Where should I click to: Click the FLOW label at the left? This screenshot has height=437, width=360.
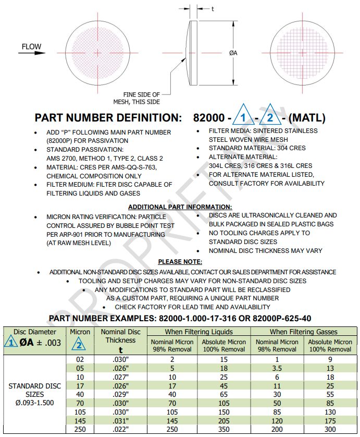(x=31, y=47)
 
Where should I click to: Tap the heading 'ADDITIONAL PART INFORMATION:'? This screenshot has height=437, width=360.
(x=180, y=207)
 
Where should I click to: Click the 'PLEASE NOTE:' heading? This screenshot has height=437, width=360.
(x=180, y=262)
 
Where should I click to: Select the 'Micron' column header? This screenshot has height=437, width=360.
(x=80, y=332)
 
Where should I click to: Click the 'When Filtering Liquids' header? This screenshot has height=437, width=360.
(x=198, y=332)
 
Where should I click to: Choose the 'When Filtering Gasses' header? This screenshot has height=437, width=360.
(x=303, y=332)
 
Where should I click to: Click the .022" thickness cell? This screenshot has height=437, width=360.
(x=120, y=429)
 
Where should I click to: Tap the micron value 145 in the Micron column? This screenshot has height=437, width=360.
(x=80, y=420)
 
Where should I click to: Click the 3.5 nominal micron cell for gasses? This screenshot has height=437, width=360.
(x=277, y=369)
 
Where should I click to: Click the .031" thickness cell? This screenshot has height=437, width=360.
(x=120, y=420)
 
